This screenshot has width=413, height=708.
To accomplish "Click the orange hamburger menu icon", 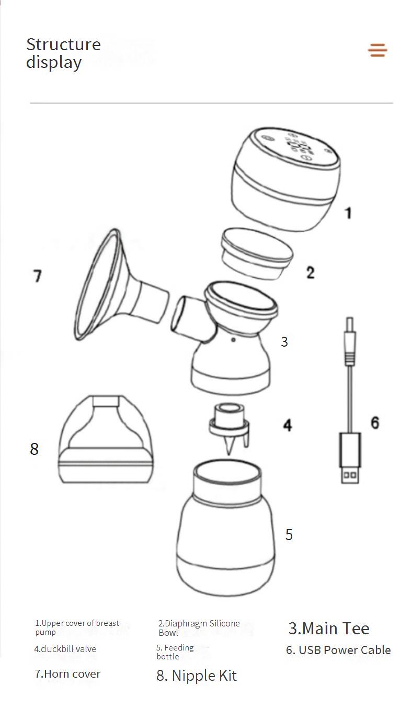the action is pos(377,50).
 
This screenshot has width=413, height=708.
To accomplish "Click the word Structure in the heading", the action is pos(63,44).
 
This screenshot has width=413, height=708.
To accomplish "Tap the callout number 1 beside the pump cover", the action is pos(348,213).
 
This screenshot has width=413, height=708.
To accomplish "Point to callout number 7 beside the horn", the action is pos(38,276).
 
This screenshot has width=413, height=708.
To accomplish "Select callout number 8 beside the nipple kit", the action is pos(34,449).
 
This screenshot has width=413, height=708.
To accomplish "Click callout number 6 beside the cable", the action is pos(375,423).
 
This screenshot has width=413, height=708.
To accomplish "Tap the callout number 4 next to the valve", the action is pos(287,425).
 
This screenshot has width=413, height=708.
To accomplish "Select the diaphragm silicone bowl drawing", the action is pos(257,254).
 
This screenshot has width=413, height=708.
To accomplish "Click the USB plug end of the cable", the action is pos(350,458).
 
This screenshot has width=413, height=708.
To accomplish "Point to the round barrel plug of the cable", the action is pos(350,341).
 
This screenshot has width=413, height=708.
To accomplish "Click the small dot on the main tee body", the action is pos(233,340).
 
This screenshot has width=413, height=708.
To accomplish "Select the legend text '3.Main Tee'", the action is pos(329,629).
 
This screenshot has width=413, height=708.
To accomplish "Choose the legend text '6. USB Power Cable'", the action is pos(338,650).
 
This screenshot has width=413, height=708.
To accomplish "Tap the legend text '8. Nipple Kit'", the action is pos(197,676).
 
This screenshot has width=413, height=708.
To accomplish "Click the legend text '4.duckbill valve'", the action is pos(65,649).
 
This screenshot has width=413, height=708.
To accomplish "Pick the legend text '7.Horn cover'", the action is pos(67,674).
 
